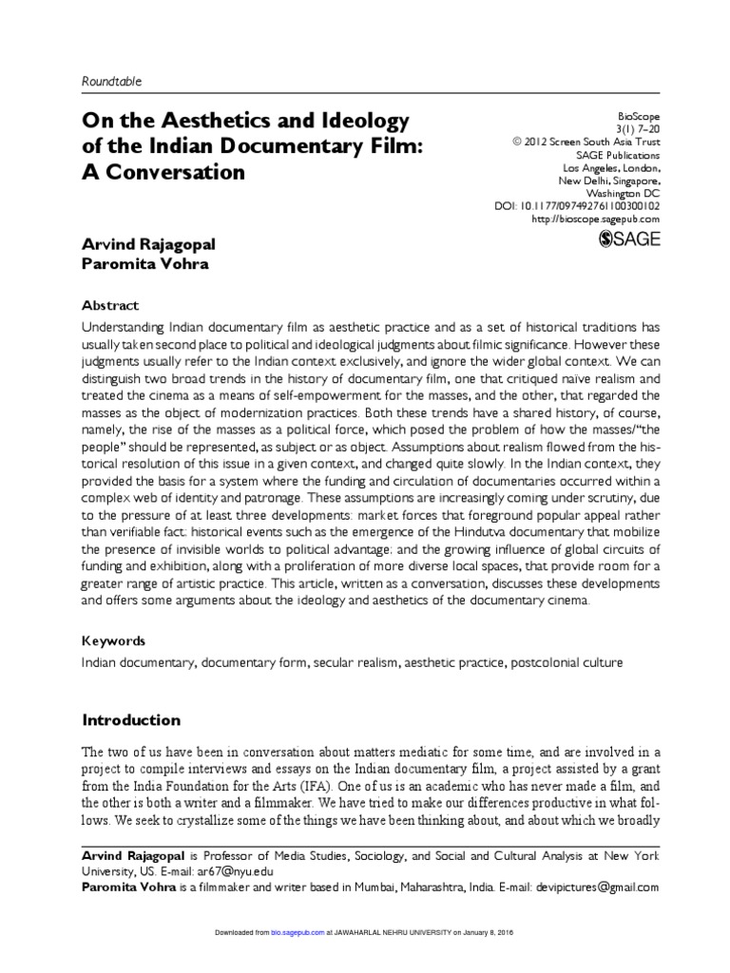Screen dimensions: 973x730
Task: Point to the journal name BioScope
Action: (x=638, y=111)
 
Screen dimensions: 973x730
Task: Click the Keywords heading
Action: (x=115, y=641)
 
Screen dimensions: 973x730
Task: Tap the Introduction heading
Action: (x=130, y=719)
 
